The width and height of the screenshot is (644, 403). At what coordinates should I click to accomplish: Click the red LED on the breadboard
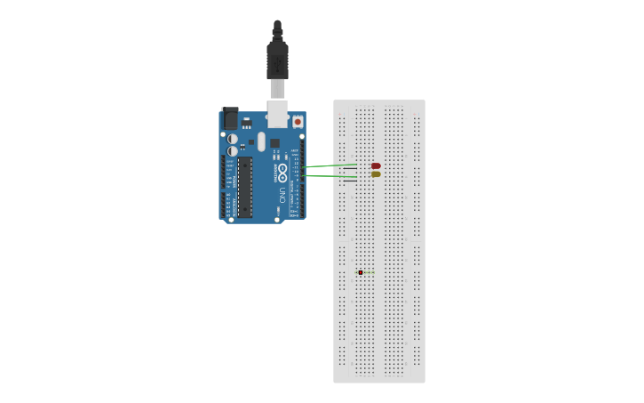click(x=376, y=165)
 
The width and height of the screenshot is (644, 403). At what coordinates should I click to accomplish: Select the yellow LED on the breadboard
click(x=376, y=174)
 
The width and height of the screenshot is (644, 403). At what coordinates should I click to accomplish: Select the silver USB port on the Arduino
click(x=278, y=113)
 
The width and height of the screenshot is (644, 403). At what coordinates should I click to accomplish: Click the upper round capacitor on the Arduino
click(x=233, y=139)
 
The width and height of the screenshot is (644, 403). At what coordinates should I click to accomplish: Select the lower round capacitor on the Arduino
click(x=233, y=151)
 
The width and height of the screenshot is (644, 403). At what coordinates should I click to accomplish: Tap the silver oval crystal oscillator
click(x=261, y=141)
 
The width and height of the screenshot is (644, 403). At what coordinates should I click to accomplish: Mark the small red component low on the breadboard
click(x=360, y=272)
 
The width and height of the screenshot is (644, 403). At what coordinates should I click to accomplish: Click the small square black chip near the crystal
click(x=274, y=142)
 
